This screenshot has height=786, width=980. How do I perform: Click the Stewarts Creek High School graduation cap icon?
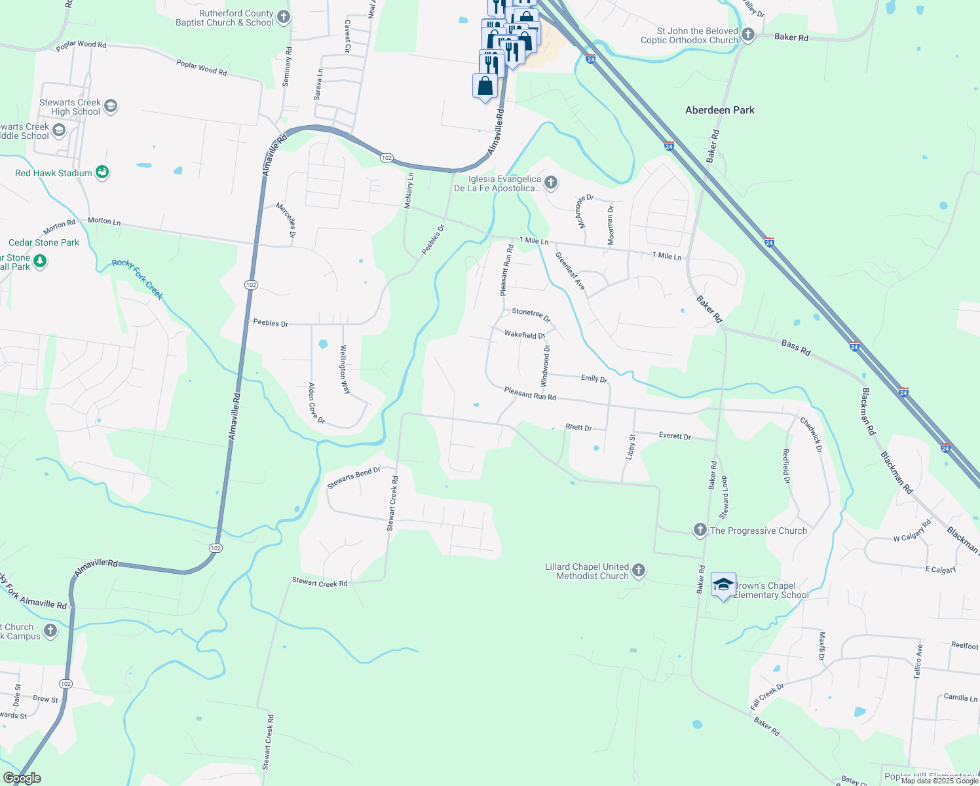111,106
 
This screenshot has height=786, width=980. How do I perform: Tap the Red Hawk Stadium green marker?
102,172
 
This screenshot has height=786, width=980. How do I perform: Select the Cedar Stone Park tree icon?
40,261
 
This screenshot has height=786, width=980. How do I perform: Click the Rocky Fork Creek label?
137,279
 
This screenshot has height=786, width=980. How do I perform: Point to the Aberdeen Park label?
719,110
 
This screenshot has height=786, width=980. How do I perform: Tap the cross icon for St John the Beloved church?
747,35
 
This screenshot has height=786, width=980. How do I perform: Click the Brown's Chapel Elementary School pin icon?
723,584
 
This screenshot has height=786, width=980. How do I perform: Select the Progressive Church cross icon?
700,530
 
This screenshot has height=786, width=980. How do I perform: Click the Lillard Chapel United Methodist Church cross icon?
639,571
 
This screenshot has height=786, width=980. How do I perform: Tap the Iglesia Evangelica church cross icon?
551,183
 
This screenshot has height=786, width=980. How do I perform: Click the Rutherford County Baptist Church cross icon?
283,17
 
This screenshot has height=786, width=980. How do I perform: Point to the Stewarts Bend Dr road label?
354,478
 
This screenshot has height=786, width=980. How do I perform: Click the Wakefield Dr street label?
524,335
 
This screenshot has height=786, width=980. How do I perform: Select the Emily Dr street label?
594,378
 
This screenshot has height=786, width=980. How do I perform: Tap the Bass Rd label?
796,347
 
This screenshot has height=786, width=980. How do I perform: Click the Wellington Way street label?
345,369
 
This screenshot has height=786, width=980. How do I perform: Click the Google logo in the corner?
22,778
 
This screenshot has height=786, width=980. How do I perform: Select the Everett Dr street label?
675,436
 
